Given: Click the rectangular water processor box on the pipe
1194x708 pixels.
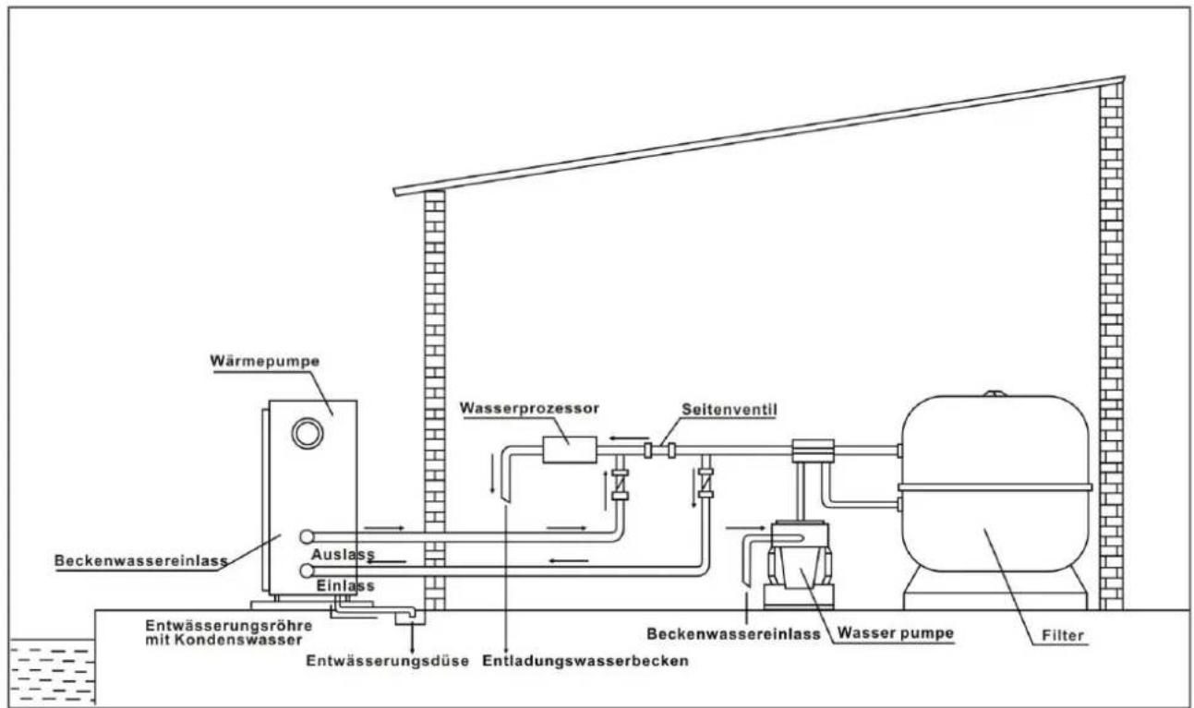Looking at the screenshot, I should point(569,450).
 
